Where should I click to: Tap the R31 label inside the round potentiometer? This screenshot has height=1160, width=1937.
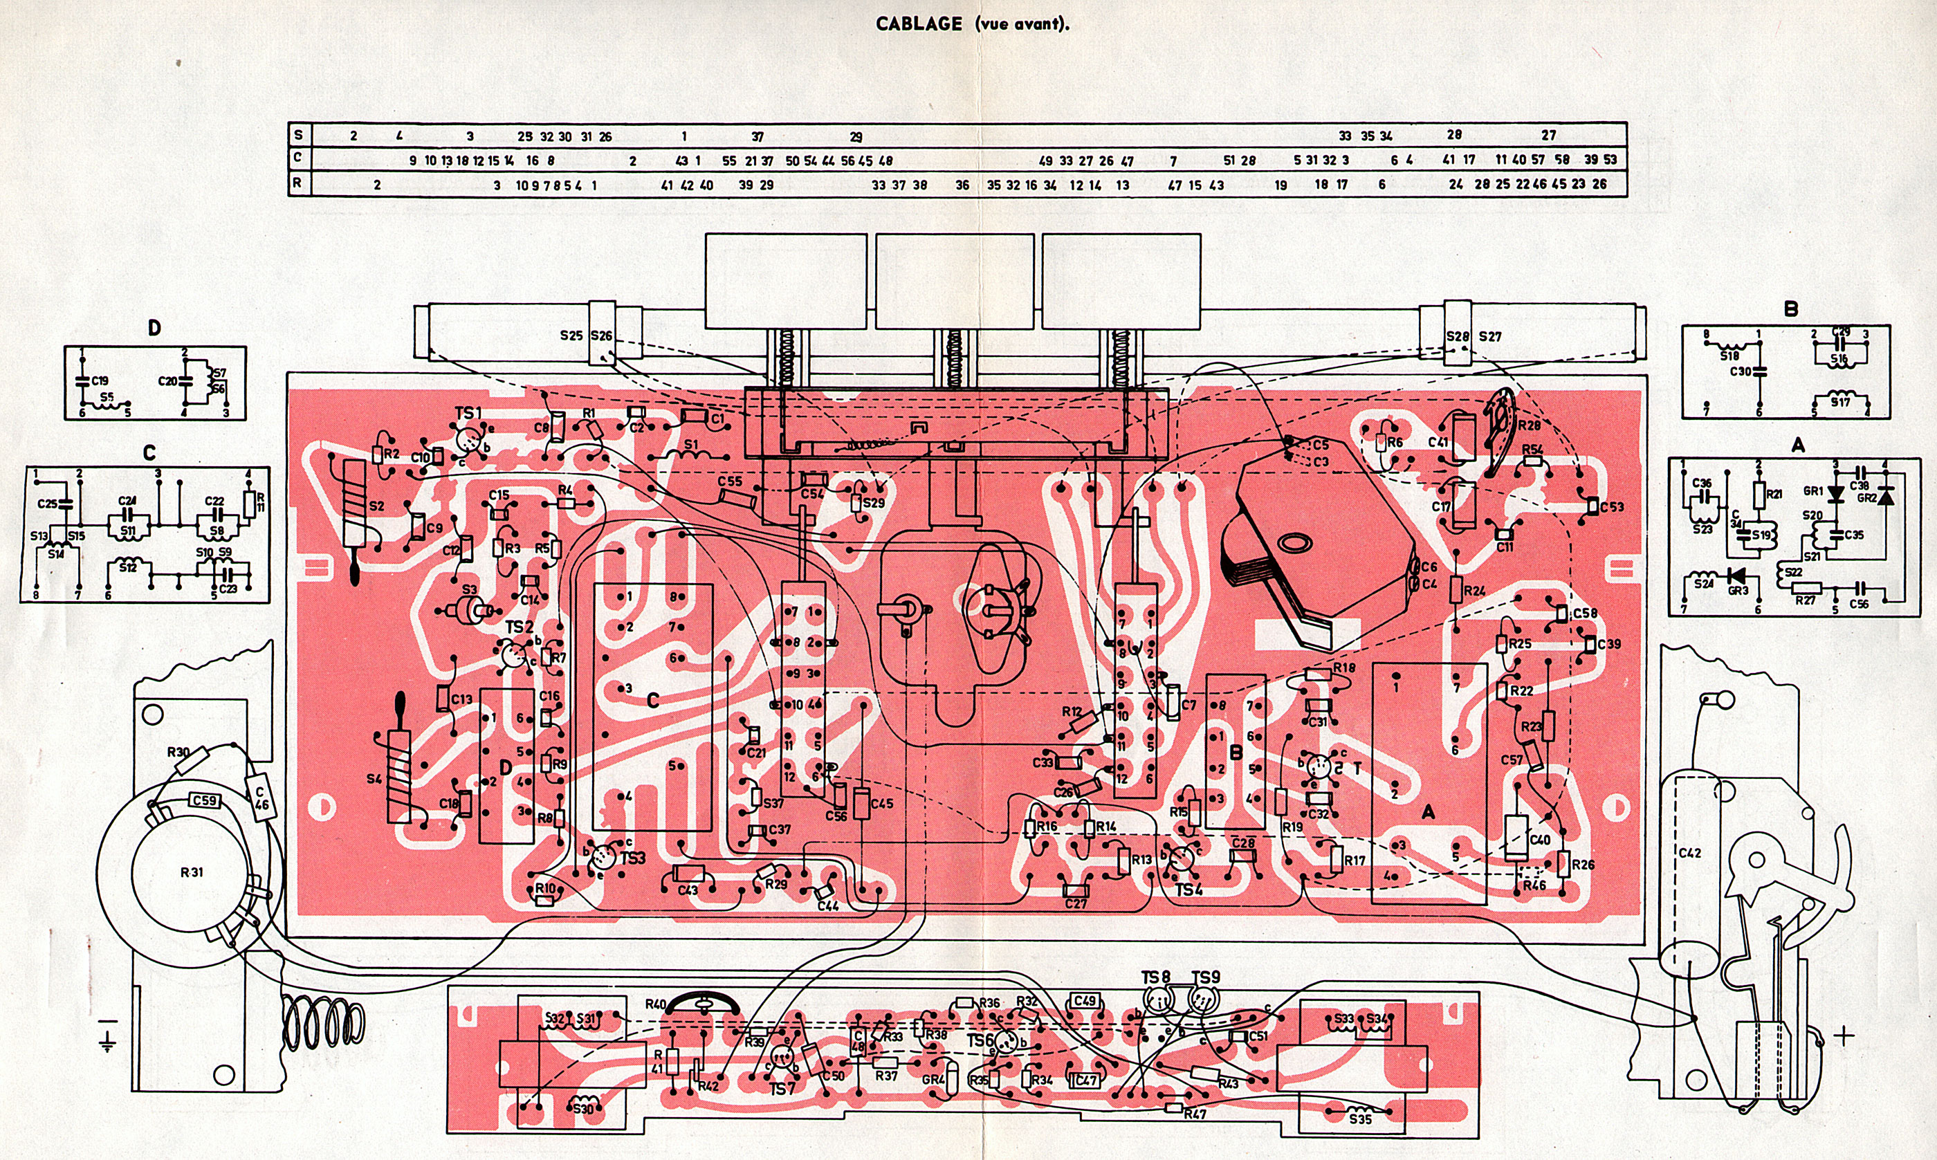click(x=192, y=872)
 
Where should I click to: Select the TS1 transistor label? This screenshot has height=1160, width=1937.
click(x=468, y=413)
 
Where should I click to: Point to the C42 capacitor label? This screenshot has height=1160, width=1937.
click(x=1689, y=853)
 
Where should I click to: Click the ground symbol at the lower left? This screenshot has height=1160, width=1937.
click(x=107, y=1034)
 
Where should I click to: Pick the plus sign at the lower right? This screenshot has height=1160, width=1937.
click(x=1844, y=1036)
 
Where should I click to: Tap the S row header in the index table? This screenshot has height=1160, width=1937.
click(x=298, y=134)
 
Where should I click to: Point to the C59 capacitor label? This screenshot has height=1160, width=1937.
click(x=204, y=800)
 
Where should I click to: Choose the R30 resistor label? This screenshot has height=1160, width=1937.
click(x=178, y=752)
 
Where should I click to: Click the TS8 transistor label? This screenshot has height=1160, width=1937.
click(x=1155, y=977)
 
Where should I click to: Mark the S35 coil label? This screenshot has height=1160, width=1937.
click(x=1360, y=1118)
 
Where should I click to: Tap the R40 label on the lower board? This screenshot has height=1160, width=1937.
click(x=655, y=1004)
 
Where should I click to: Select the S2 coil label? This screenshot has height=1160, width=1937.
click(x=376, y=506)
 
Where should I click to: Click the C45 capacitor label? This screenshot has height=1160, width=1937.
click(x=881, y=804)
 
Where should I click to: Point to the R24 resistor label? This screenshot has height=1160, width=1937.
click(x=1474, y=591)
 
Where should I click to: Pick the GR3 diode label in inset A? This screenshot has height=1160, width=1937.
click(x=1737, y=590)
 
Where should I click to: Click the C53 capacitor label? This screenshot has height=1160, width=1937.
click(x=1611, y=506)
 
